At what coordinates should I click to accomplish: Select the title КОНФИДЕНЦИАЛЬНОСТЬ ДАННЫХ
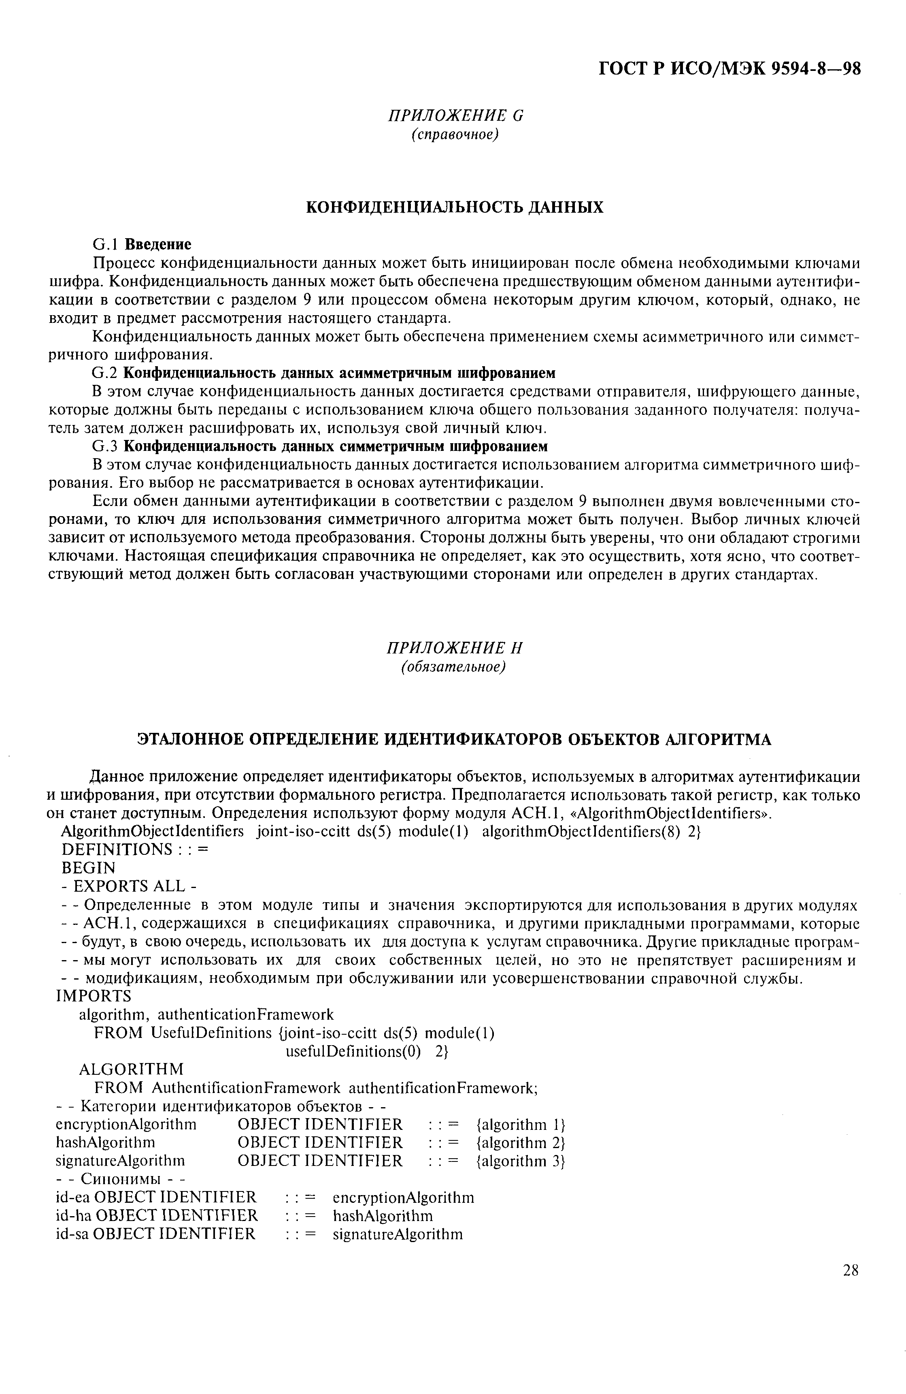pyautogui.click(x=455, y=207)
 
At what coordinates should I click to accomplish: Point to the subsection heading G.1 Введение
pyautogui.click(x=142, y=243)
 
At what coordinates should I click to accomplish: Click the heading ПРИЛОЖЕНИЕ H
pyautogui.click(x=454, y=648)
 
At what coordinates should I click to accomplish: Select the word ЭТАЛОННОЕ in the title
pyautogui.click(x=191, y=740)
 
